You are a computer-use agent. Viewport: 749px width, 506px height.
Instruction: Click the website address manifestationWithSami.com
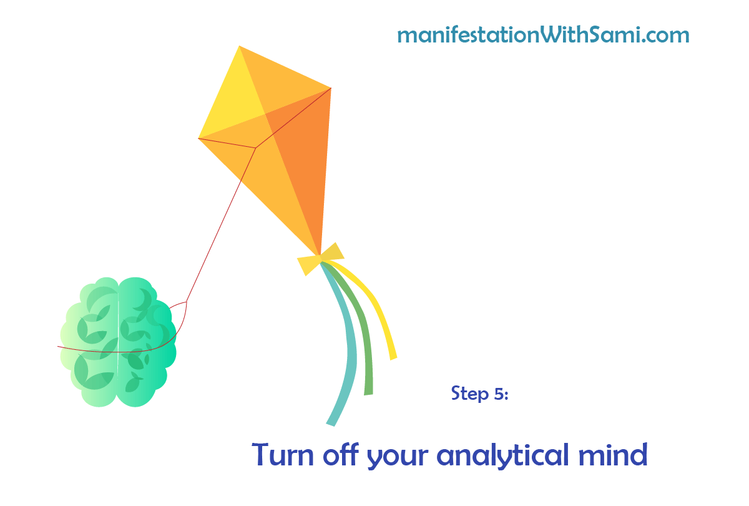(x=543, y=35)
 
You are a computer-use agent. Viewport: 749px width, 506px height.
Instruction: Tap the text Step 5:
(x=479, y=393)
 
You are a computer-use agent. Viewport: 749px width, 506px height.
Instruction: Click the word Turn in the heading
(x=283, y=455)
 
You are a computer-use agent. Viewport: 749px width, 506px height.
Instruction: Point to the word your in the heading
(x=398, y=458)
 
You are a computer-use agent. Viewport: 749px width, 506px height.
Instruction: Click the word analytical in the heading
(x=503, y=455)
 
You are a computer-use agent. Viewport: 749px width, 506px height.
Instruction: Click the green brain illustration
(x=118, y=342)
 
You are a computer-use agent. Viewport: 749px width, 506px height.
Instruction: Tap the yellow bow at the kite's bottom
(x=320, y=259)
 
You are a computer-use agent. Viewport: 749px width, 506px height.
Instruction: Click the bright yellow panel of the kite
(x=234, y=101)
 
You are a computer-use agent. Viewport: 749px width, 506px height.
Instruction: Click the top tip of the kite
(x=240, y=46)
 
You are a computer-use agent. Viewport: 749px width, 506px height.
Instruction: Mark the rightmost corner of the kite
(x=331, y=88)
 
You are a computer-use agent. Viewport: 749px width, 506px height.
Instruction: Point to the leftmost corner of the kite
(x=198, y=138)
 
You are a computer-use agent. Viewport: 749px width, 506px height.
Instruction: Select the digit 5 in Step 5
(x=499, y=394)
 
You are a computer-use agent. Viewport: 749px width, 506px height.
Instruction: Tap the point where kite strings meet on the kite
(x=256, y=148)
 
